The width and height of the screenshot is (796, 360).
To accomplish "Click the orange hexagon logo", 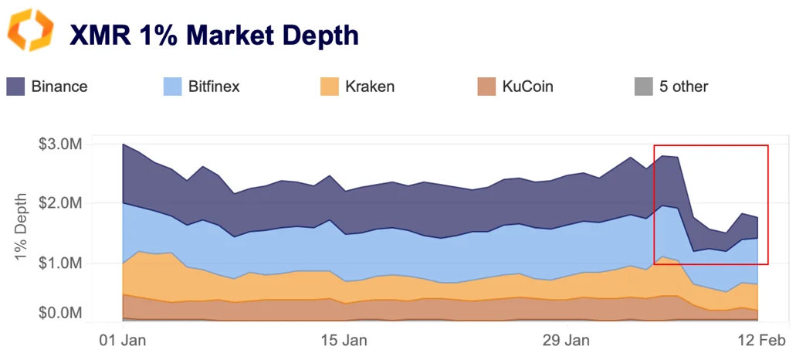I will click(x=31, y=30).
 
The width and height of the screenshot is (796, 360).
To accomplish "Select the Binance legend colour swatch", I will click(x=16, y=87).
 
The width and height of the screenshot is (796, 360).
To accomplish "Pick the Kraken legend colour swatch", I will click(x=330, y=87).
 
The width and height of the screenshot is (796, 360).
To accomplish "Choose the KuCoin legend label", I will click(x=527, y=87).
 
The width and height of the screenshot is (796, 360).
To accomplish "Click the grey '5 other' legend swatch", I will click(x=643, y=87).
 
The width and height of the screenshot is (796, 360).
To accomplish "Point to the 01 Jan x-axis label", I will click(x=124, y=340).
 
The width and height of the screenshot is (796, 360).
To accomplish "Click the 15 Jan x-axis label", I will click(x=344, y=340).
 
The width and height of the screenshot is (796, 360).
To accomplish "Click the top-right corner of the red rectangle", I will click(x=768, y=145).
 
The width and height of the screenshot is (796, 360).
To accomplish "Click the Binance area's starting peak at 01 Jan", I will click(x=124, y=144).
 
